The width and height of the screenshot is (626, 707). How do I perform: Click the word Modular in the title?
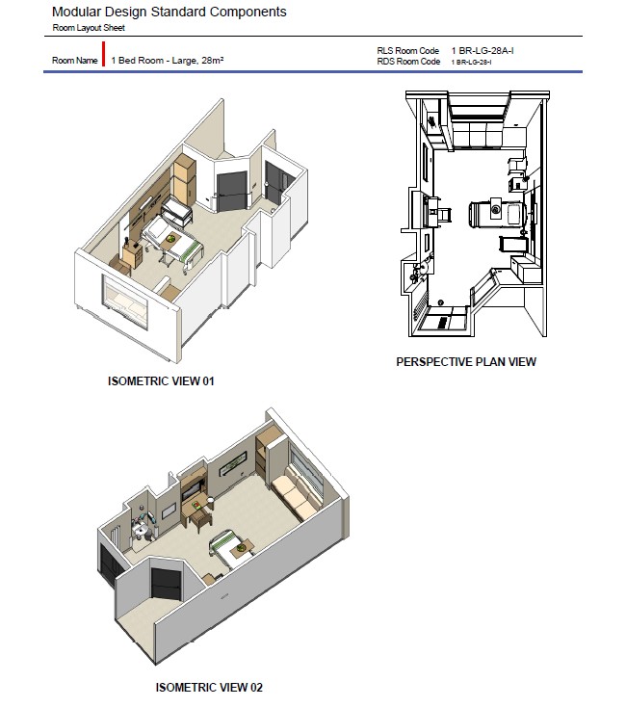coord(77,12)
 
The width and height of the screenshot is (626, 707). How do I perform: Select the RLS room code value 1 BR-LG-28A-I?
coord(483,50)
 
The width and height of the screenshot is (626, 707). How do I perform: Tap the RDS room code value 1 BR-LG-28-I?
coord(471,63)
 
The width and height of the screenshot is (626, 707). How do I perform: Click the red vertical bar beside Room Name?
coord(104,54)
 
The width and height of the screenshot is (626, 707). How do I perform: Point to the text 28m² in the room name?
coord(213,60)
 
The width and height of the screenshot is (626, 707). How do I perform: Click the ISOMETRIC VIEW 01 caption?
coord(161,381)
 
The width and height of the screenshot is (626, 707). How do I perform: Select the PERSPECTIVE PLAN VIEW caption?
coord(466,361)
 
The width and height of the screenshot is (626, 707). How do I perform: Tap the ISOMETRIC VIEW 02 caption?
coord(209,687)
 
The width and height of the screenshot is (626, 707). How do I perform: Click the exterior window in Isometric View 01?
coord(125,301)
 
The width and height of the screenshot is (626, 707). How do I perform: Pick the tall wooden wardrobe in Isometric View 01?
coord(184,179)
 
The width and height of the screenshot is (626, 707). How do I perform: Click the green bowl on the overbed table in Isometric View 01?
coord(171,238)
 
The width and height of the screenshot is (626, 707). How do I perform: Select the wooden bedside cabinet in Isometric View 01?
coord(132,254)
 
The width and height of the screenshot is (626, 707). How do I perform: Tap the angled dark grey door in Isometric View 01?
coord(232,191)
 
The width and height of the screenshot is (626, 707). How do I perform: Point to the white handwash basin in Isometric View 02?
coord(140,532)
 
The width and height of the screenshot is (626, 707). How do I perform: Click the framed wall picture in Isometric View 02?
coord(233,463)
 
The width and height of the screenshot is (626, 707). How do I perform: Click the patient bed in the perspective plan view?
coord(498,212)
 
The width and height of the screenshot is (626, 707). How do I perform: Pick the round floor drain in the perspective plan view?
coord(441,302)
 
